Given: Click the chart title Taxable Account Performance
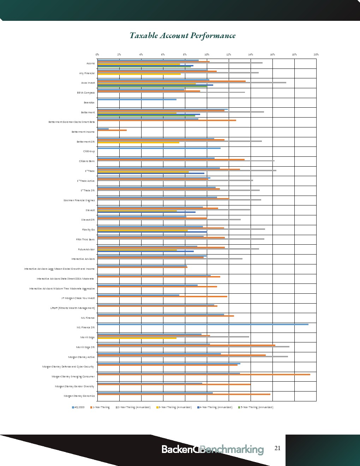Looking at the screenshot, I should (x=182, y=36).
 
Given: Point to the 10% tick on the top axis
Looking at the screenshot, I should (x=207, y=54).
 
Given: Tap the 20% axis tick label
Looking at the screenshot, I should (x=316, y=54).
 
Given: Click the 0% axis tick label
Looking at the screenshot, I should (x=97, y=54).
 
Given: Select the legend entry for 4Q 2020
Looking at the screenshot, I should (x=78, y=407).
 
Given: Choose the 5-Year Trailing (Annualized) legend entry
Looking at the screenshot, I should (x=256, y=407).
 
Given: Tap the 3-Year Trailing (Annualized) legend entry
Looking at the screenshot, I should (x=174, y=407).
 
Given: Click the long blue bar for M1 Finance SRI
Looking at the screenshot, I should (x=203, y=324).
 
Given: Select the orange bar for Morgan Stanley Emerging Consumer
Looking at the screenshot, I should (x=204, y=375).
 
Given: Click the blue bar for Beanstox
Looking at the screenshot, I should (x=137, y=100).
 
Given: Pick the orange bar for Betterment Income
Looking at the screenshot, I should (x=112, y=130).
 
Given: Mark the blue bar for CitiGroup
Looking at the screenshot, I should (x=159, y=148).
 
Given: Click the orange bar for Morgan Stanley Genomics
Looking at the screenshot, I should (x=184, y=394).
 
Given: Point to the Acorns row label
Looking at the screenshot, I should (x=91, y=64).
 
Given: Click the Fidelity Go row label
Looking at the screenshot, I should (x=88, y=230).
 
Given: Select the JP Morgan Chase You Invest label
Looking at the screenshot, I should (x=78, y=298).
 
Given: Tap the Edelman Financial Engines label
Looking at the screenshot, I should (x=79, y=201).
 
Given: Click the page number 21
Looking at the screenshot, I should (x=277, y=448).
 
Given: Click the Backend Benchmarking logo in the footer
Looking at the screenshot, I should (x=212, y=449).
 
